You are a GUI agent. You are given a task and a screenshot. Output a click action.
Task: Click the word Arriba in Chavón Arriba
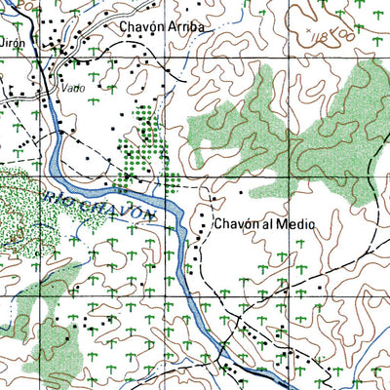coord(185,28)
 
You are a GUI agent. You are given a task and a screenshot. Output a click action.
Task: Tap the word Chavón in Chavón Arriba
coord(140,28)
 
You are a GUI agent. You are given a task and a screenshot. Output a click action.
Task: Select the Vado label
coord(69,86)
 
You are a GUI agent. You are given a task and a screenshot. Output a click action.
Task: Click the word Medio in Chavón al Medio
coord(294,224)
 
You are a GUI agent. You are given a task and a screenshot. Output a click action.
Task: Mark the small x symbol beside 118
coord(311,32)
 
